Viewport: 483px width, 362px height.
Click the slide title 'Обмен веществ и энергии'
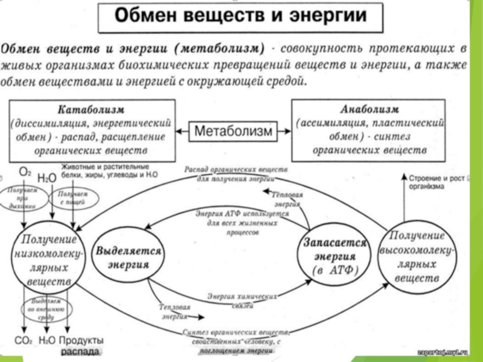pos(240,17)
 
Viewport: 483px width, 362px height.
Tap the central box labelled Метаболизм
pos(233,130)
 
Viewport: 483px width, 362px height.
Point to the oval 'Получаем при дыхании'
pos(24,197)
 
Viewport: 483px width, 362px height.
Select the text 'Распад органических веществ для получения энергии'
pos(235,174)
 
